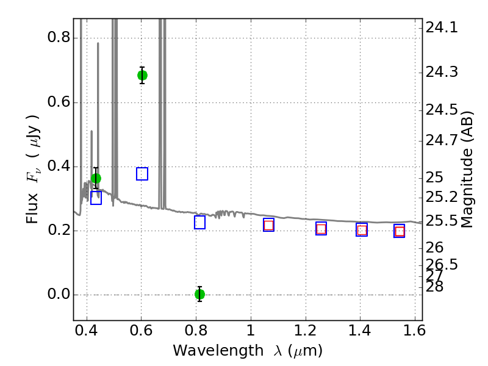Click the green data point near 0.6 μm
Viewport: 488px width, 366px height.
click(142, 75)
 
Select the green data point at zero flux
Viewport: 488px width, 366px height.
click(200, 294)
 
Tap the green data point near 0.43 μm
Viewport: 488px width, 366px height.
click(96, 178)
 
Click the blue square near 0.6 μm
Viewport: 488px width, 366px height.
click(142, 174)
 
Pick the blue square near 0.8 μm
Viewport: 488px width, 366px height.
click(200, 222)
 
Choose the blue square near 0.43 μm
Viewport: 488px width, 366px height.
click(96, 198)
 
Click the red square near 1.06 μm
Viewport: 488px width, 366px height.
click(268, 225)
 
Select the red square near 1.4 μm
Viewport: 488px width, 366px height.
click(362, 230)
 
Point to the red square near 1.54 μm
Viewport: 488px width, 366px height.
click(400, 231)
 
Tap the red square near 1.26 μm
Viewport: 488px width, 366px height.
click(321, 229)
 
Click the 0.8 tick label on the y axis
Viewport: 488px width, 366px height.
click(59, 37)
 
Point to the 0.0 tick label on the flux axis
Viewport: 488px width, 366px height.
click(59, 294)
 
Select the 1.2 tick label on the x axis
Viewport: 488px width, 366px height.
click(306, 331)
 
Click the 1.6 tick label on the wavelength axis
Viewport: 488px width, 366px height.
click(415, 331)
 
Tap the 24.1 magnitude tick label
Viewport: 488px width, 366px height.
click(442, 27)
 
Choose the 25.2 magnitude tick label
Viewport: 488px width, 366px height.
click(442, 197)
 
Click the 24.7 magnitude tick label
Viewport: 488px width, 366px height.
click(442, 141)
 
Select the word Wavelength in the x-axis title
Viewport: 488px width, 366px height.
click(218, 351)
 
